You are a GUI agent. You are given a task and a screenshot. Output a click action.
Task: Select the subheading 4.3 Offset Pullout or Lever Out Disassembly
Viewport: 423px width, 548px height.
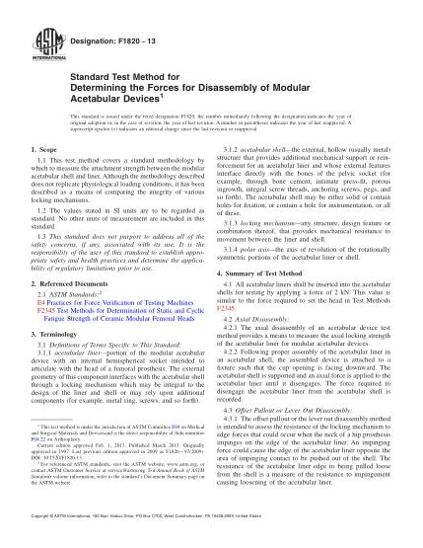click(304, 381)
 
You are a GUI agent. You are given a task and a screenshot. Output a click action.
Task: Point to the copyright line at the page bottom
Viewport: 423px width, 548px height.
click(211, 515)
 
